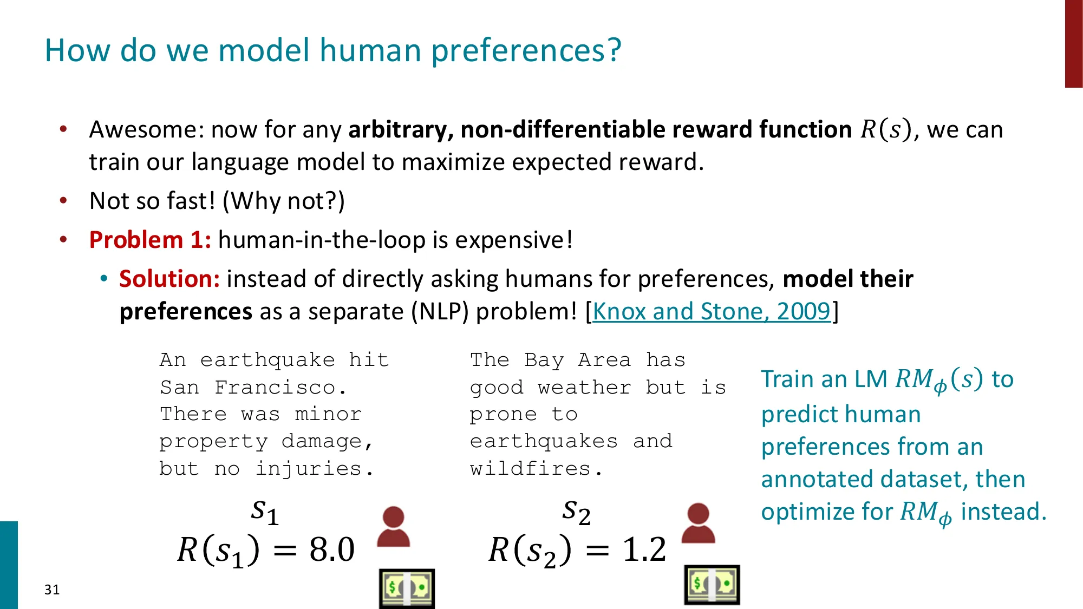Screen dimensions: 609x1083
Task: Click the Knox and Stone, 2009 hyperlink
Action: [x=711, y=312]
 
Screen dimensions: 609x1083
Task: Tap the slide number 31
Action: [x=52, y=590]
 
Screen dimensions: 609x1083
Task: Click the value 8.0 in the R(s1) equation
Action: [x=331, y=549]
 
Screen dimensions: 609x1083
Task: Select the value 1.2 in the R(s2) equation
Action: [x=644, y=549]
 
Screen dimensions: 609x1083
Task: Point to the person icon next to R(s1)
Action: [x=393, y=527]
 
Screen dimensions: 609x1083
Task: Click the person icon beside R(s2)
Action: [x=698, y=523]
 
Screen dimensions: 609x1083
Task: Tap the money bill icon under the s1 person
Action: [x=407, y=588]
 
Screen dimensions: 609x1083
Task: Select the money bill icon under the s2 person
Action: [x=712, y=585]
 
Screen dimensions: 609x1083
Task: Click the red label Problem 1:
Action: [x=150, y=240]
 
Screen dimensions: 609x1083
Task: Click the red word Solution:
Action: [x=169, y=279]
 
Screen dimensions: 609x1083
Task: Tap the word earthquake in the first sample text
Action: [x=268, y=360]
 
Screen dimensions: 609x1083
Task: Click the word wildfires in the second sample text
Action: [x=531, y=468]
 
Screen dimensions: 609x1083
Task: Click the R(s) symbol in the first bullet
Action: [x=885, y=130]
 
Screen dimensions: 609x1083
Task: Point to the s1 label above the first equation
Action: [x=265, y=511]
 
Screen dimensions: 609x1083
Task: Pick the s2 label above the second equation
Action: [x=576, y=511]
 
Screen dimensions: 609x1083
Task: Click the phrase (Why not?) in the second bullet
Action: [x=283, y=201]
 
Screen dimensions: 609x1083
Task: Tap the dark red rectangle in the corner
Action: [x=1073, y=43]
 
